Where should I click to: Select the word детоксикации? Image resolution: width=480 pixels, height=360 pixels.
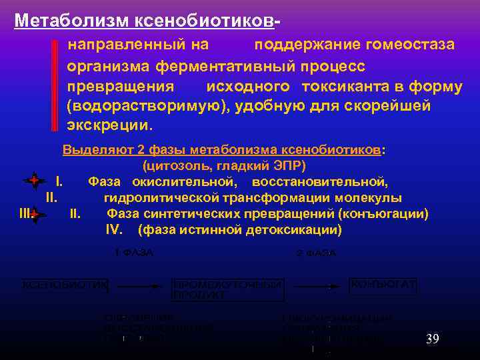(x=293, y=230)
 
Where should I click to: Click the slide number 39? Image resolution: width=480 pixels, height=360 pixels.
(x=432, y=340)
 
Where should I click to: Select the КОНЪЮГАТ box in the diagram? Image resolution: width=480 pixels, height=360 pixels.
(x=384, y=285)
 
